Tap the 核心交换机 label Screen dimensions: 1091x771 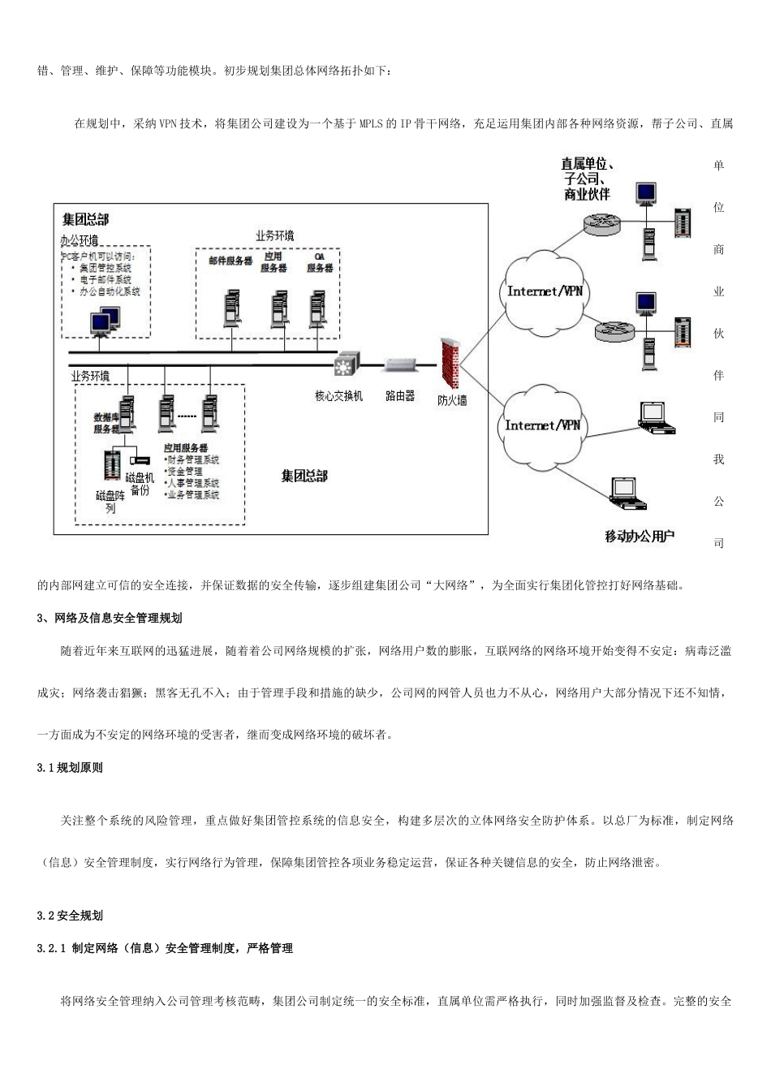point(338,396)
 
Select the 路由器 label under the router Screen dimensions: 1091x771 point(400,396)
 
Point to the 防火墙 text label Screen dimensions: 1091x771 point(452,400)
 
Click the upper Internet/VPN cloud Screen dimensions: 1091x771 point(545,291)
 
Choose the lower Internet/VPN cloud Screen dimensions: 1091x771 point(543,425)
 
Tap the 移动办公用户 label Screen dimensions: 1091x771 point(640,537)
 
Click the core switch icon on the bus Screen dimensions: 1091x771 point(347,365)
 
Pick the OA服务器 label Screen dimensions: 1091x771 point(319,262)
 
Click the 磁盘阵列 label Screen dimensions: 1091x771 point(110,502)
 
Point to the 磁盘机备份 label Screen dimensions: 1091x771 point(140,484)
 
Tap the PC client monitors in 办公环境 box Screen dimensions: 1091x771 point(104,321)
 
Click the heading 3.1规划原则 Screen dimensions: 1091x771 point(70,768)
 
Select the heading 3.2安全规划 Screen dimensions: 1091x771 point(70,916)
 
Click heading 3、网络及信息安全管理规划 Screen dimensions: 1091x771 point(110,619)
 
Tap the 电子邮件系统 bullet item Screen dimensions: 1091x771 point(105,279)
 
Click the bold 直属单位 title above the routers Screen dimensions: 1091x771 point(587,165)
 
